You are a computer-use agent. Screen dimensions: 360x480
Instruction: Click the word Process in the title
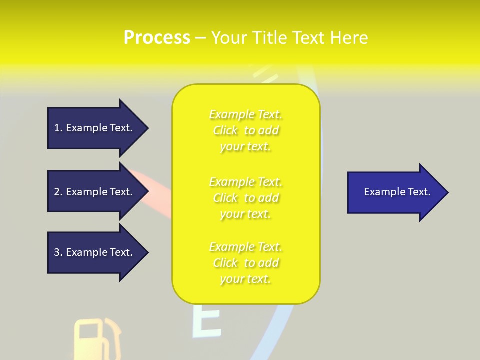(x=157, y=38)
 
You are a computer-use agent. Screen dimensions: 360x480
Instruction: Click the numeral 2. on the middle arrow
(x=58, y=192)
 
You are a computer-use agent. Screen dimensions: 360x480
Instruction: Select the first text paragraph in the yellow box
(x=246, y=130)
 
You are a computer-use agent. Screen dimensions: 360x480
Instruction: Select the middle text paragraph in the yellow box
(x=246, y=198)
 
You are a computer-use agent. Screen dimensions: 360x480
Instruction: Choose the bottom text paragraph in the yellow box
(x=246, y=263)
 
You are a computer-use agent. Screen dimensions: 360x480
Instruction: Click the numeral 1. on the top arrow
(x=58, y=128)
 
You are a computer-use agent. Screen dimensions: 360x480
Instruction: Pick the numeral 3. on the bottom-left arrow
(x=58, y=252)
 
